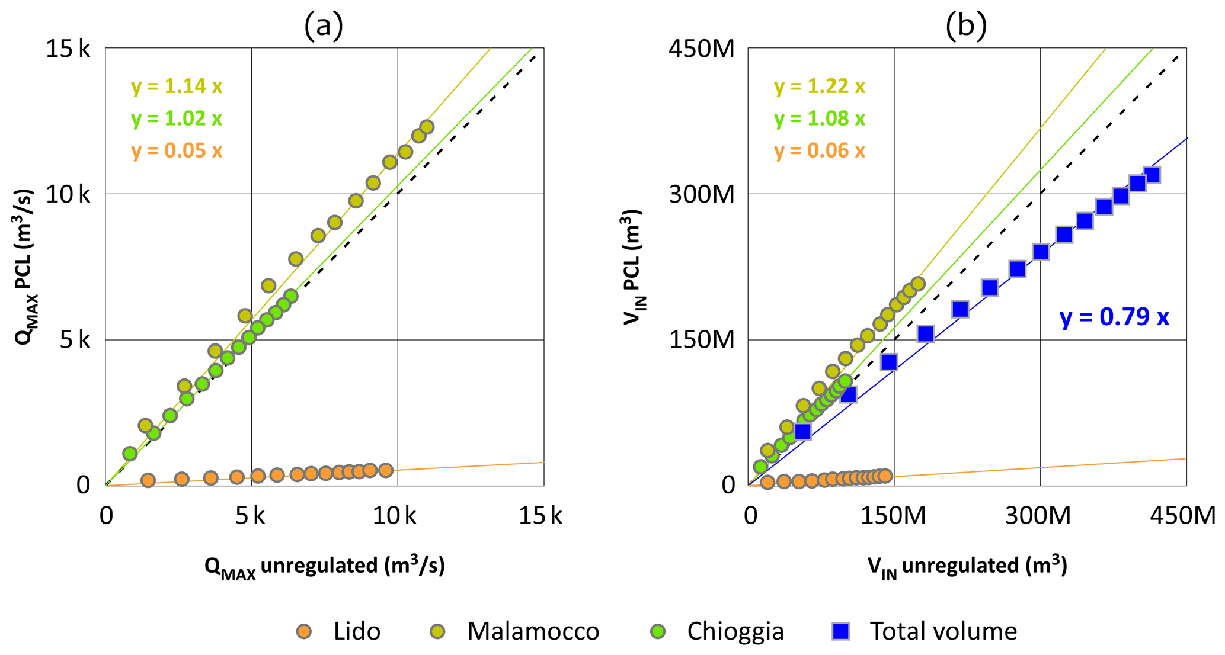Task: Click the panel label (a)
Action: [x=324, y=26]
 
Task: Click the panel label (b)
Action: [x=966, y=26]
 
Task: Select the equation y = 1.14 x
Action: [x=177, y=86]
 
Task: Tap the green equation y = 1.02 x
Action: [x=177, y=118]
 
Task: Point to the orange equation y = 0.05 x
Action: [x=177, y=150]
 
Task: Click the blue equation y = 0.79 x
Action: [x=1114, y=317]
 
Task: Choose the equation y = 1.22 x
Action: [x=820, y=86]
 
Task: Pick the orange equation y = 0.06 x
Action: [x=820, y=150]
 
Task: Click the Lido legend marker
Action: [x=304, y=631]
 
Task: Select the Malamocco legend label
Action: [x=533, y=631]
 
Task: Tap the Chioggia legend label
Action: [x=735, y=631]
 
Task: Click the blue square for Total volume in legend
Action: [x=841, y=631]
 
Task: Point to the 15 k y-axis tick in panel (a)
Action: [x=68, y=49]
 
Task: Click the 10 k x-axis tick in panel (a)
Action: [x=394, y=516]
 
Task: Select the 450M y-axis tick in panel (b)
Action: [x=702, y=49]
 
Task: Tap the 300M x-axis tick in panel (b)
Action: [x=1038, y=516]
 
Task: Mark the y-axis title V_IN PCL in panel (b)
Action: [x=633, y=267]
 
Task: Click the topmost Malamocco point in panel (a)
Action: [x=427, y=127]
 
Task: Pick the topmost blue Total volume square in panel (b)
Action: [x=1152, y=175]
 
